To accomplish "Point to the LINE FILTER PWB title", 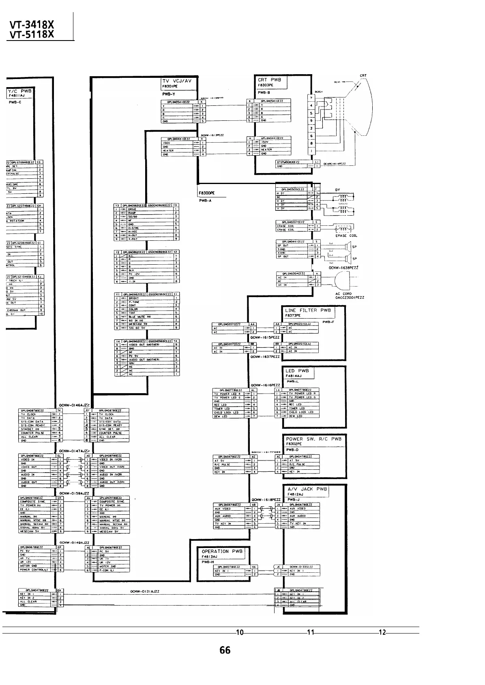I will coord(308,310).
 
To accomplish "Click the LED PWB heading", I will coord(297,371).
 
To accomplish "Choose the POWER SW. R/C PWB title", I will coord(313,439).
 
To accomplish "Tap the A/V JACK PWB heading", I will coord(307,489).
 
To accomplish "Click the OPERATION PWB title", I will coord(222,551).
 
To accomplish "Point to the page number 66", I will coord(225,650).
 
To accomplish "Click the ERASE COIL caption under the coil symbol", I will coord(346,235).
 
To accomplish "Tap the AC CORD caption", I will coord(343,294).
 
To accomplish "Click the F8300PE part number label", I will coord(206,194).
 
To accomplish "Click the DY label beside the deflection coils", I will coord(338,190).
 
